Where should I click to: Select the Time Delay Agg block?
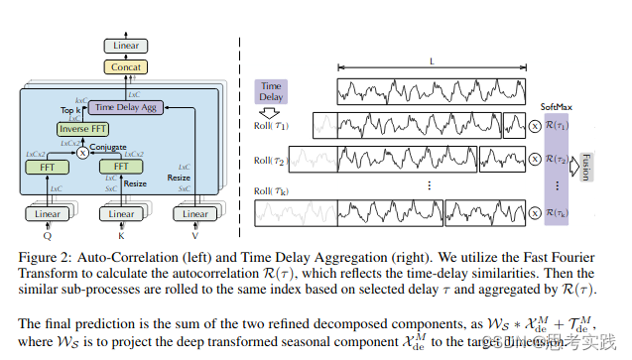coord(122,106)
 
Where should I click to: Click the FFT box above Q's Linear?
coord(47,168)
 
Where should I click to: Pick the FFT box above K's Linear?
coord(121,168)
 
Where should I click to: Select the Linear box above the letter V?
coord(195,213)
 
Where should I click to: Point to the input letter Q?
coord(47,237)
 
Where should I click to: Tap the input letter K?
coord(121,237)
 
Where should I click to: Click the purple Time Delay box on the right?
coord(271,92)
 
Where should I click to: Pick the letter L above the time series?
coord(433,61)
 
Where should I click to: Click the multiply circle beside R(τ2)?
coord(536,159)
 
